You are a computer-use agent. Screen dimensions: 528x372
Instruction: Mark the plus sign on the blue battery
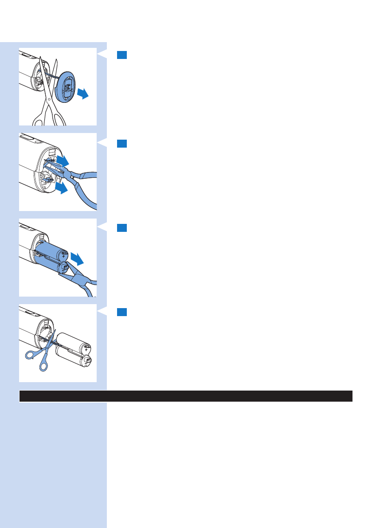click(x=65, y=256)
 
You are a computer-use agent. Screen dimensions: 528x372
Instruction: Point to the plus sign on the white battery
click(x=85, y=350)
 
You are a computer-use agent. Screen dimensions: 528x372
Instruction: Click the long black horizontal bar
click(x=186, y=396)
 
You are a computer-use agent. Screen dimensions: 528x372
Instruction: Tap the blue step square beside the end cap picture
click(x=122, y=55)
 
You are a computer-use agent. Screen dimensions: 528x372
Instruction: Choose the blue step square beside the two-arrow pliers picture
click(x=122, y=143)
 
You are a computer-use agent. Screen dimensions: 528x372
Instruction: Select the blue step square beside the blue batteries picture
click(x=122, y=228)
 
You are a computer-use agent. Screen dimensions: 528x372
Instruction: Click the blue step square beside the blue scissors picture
click(x=122, y=312)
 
